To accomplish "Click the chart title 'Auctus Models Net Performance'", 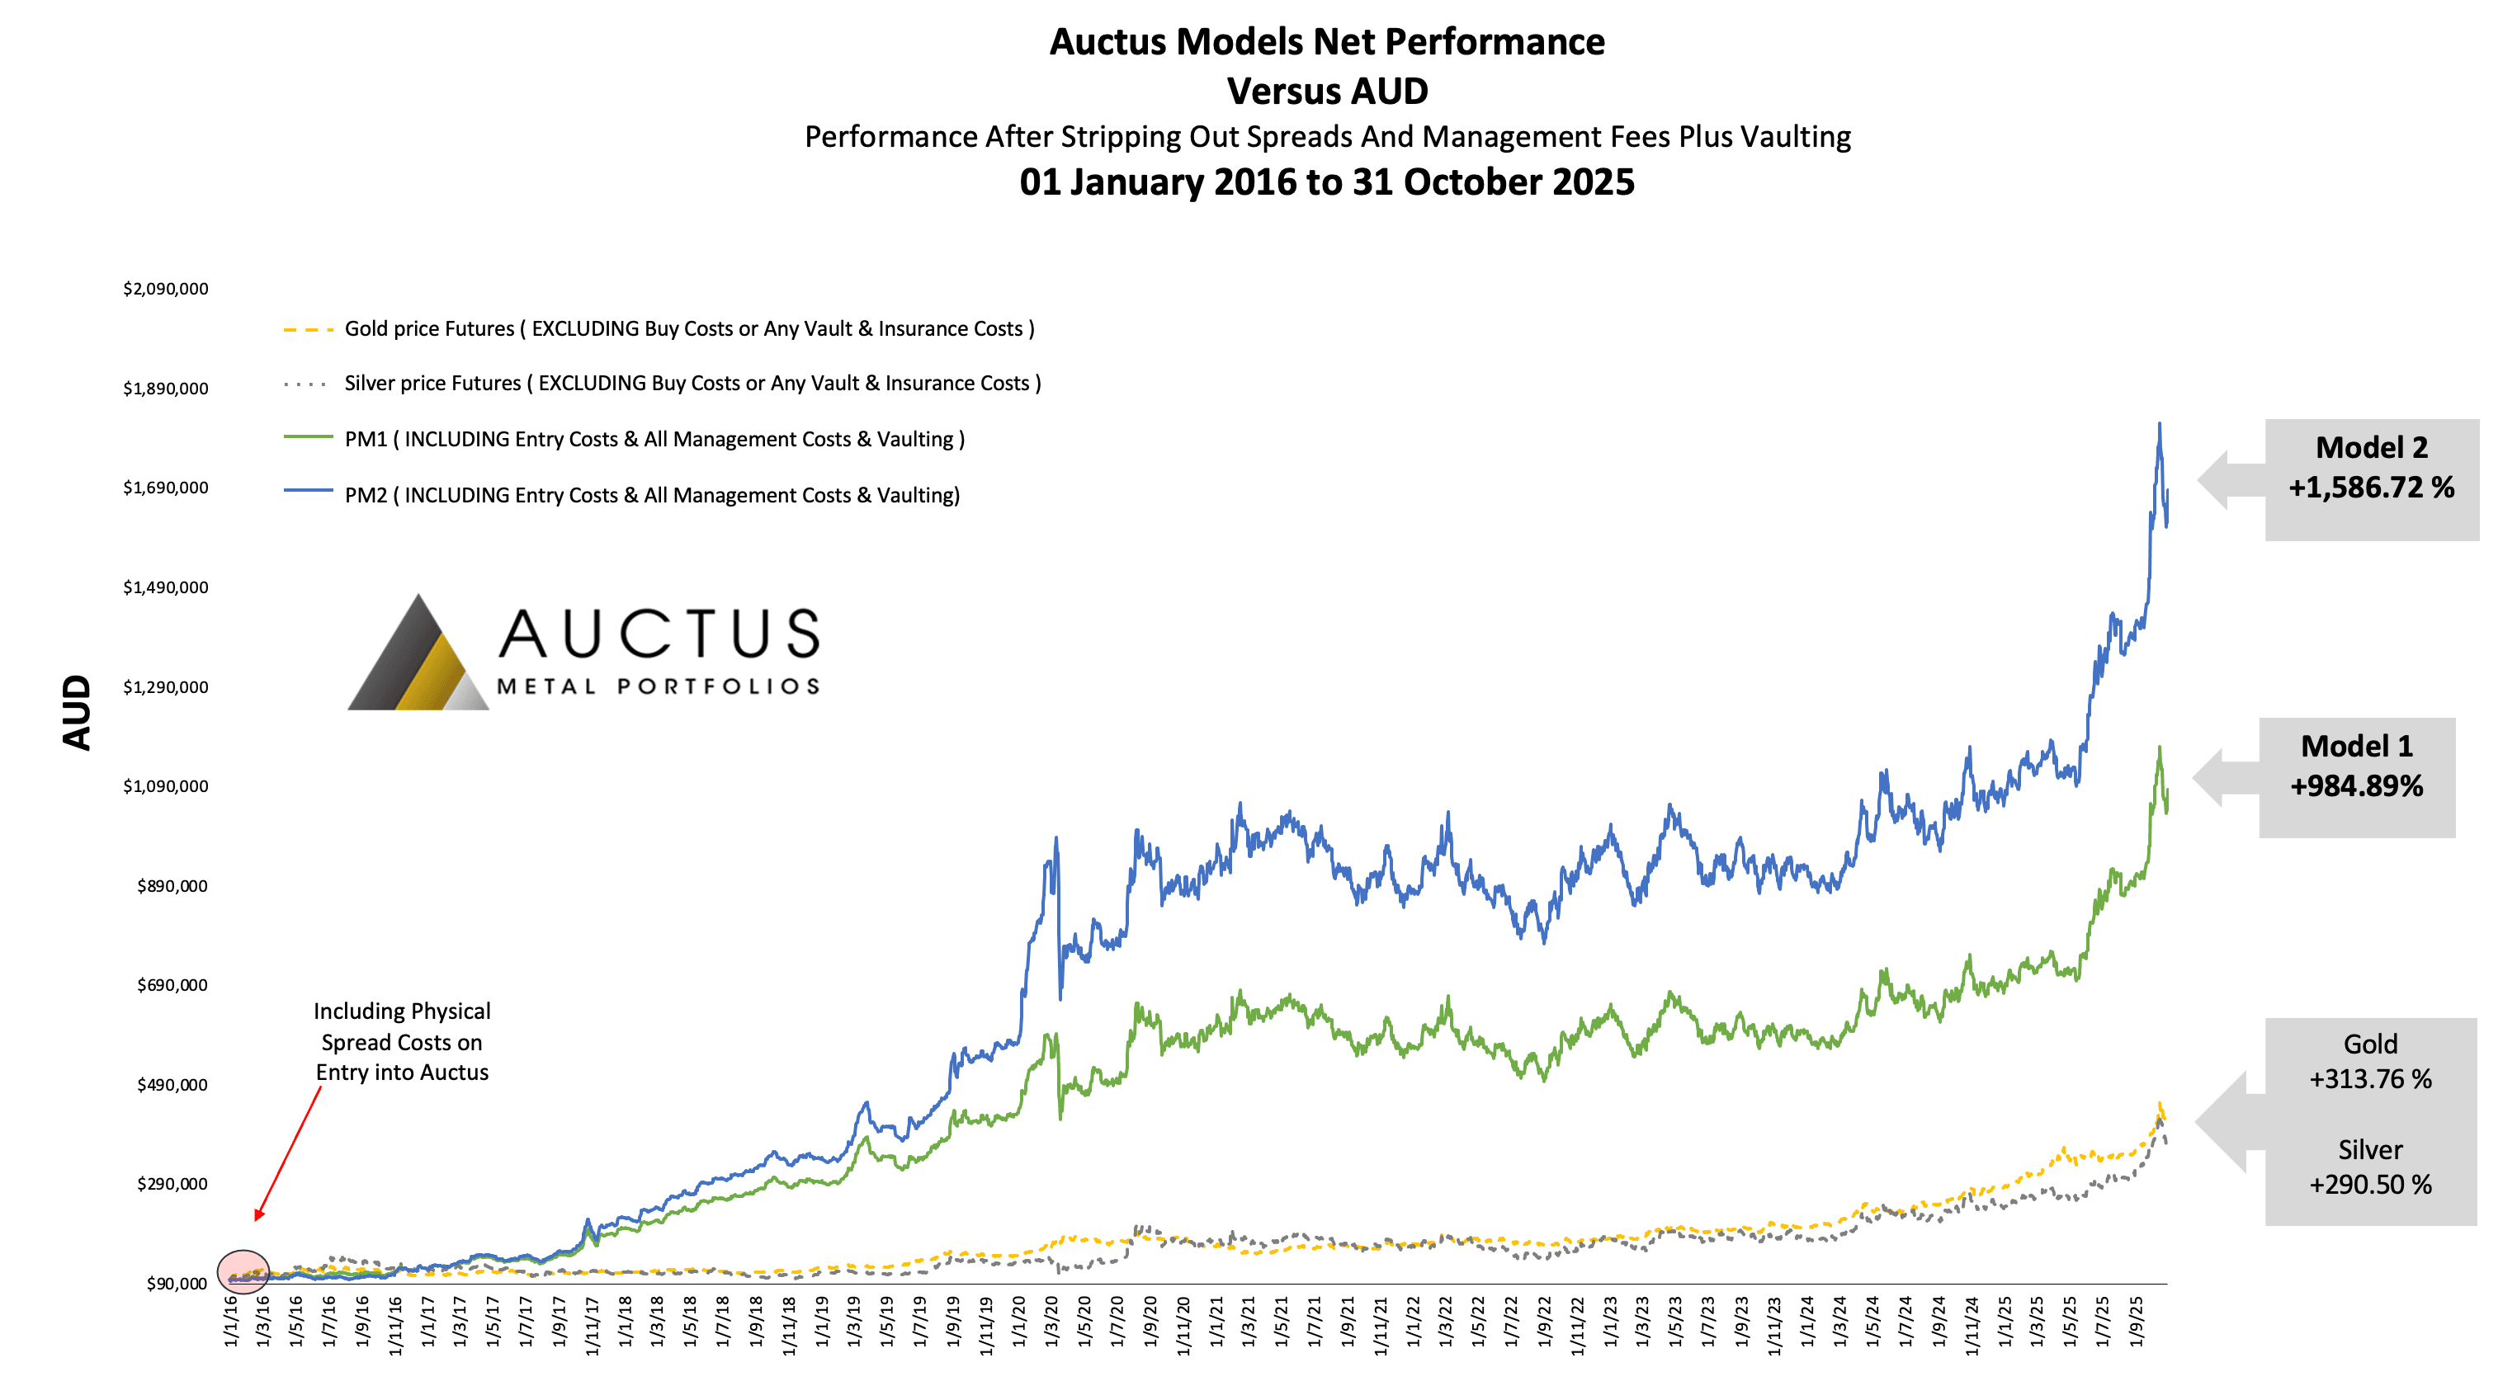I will click(x=1326, y=42).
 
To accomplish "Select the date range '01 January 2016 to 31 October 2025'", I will click(x=1326, y=182).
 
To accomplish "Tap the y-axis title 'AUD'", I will click(x=76, y=712).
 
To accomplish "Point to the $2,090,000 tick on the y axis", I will click(x=165, y=289).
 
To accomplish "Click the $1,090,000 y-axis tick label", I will click(x=165, y=786).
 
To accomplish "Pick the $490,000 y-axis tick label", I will click(x=172, y=1085).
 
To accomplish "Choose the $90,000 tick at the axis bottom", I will click(x=176, y=1284).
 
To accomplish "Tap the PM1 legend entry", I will click(x=654, y=440).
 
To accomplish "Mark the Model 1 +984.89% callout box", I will click(x=2356, y=777).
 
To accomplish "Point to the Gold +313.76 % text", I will click(x=2369, y=1062).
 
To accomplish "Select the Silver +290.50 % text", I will click(x=2369, y=1167).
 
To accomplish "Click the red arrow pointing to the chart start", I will click(x=287, y=1153).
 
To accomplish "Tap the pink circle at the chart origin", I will click(x=243, y=1271).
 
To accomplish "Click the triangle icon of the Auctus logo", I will click(x=418, y=658).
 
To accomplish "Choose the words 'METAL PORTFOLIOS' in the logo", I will click(x=658, y=686).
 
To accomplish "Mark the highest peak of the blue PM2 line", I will click(x=2160, y=424).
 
